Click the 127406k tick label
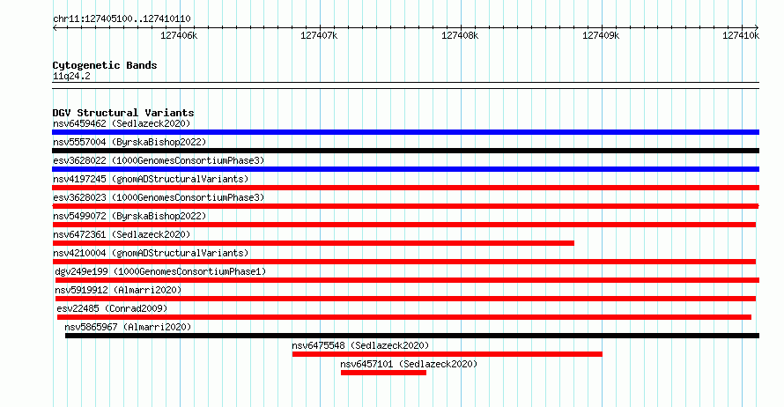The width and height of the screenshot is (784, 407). coord(179,35)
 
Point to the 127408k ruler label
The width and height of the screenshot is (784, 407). coord(460,35)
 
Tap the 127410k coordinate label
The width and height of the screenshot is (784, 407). coord(741,35)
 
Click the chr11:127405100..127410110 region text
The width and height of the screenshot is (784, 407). coord(122,19)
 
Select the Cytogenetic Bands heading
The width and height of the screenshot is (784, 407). coord(105,65)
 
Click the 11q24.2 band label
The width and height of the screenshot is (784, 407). coord(71,76)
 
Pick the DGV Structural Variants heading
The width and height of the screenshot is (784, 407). coord(123,113)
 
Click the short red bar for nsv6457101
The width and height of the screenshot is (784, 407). coord(383,373)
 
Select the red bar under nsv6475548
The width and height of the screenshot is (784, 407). coord(447,354)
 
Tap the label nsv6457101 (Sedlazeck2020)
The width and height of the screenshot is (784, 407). coord(409,364)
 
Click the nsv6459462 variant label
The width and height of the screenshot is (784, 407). coord(122,123)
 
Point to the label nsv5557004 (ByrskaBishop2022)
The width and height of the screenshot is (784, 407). coord(130,142)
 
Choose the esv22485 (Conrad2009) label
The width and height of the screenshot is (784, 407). coord(112,308)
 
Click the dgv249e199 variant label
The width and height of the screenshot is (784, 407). coord(160,271)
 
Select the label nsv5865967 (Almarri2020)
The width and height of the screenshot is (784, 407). coord(128,327)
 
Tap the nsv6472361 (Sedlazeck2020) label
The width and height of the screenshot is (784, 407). coord(122,234)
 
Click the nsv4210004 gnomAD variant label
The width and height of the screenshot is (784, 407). coord(151,253)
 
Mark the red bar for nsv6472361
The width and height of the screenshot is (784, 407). coord(314,243)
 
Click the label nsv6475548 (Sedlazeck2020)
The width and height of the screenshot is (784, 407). coord(360,345)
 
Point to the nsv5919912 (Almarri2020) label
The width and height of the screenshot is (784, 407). coord(119,290)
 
